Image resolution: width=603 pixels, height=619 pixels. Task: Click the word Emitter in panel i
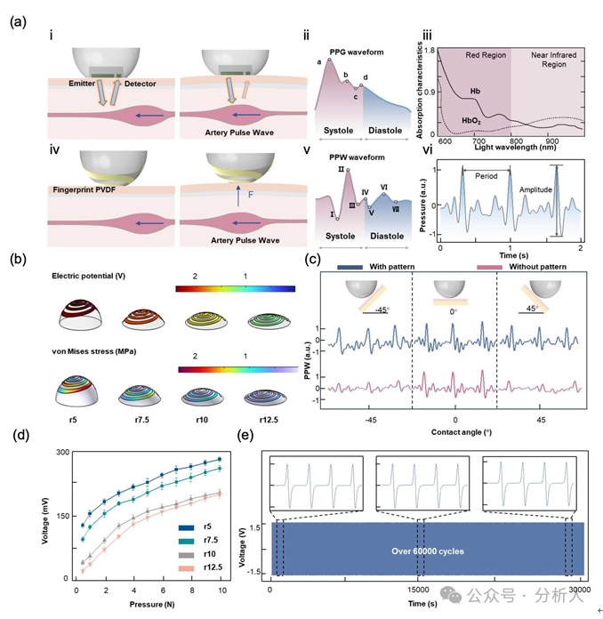point(83,84)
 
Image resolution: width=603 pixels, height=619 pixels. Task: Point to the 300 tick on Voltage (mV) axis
point(61,453)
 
